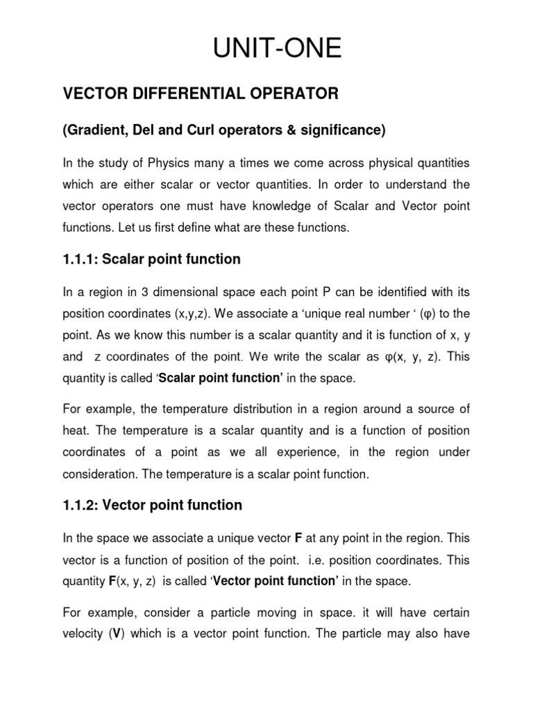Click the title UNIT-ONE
tap(266, 49)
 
